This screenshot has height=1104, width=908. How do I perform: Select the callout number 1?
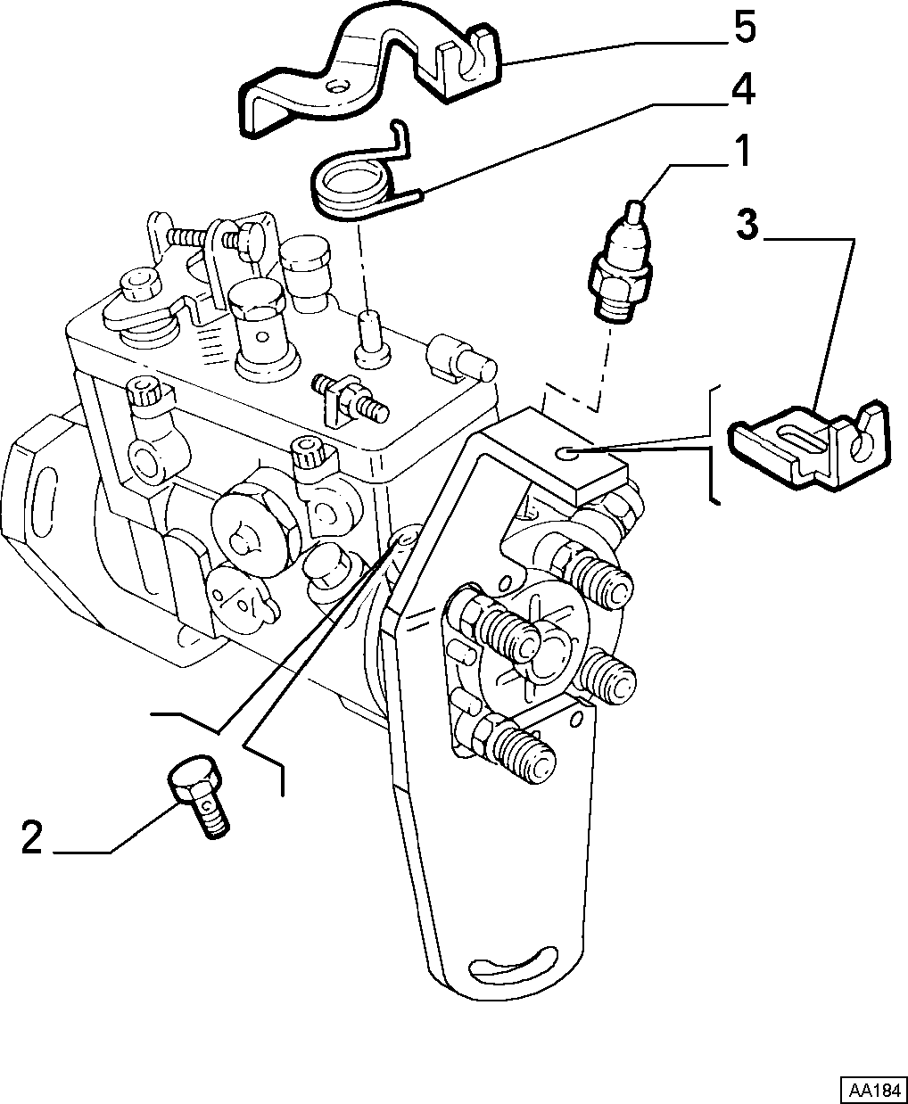point(741,152)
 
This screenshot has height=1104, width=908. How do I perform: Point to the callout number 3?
point(747,224)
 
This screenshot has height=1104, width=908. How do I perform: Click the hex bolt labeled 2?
point(199,798)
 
